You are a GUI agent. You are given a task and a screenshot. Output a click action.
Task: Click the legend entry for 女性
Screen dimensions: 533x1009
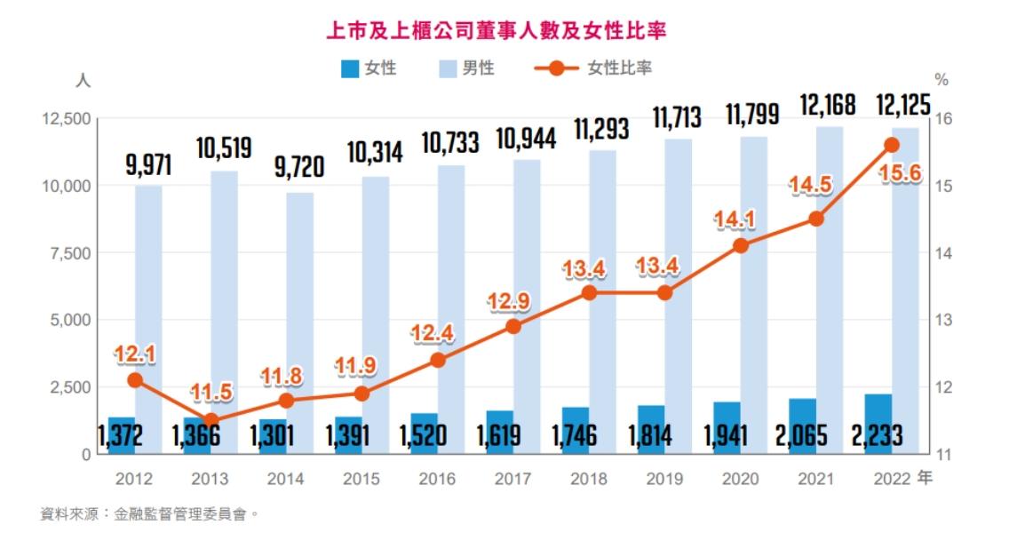tap(369, 68)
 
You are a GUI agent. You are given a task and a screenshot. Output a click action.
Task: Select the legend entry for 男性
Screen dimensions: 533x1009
tap(465, 68)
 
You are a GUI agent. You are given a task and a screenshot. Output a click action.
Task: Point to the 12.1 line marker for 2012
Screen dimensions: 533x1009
tap(135, 380)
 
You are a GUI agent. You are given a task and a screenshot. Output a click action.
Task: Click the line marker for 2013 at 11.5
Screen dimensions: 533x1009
tap(211, 420)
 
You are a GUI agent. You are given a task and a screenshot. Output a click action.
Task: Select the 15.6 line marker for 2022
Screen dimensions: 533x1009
tap(892, 145)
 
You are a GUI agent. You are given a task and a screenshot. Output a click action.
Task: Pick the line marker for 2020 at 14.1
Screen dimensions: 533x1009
tap(741, 245)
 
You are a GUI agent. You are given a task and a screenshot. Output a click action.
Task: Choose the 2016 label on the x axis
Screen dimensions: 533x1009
tap(436, 480)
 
